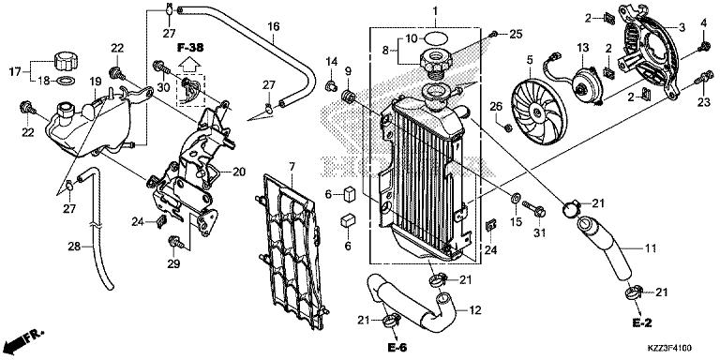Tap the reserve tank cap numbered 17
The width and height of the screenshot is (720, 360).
tap(65, 61)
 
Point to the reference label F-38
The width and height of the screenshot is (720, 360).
tap(191, 47)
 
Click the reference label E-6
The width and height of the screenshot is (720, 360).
tap(397, 347)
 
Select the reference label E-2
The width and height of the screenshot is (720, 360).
tap(641, 322)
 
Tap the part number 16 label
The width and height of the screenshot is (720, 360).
tap(273, 26)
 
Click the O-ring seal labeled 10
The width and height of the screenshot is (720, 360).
tap(435, 37)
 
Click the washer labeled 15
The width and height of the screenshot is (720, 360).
tap(515, 198)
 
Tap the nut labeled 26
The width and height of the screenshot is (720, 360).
tap(507, 127)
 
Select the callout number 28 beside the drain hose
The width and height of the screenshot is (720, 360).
tap(74, 247)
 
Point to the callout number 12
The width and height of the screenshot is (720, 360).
tap(475, 310)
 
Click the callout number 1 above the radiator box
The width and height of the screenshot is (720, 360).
tap(435, 10)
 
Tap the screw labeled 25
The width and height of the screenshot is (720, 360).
tap(493, 34)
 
